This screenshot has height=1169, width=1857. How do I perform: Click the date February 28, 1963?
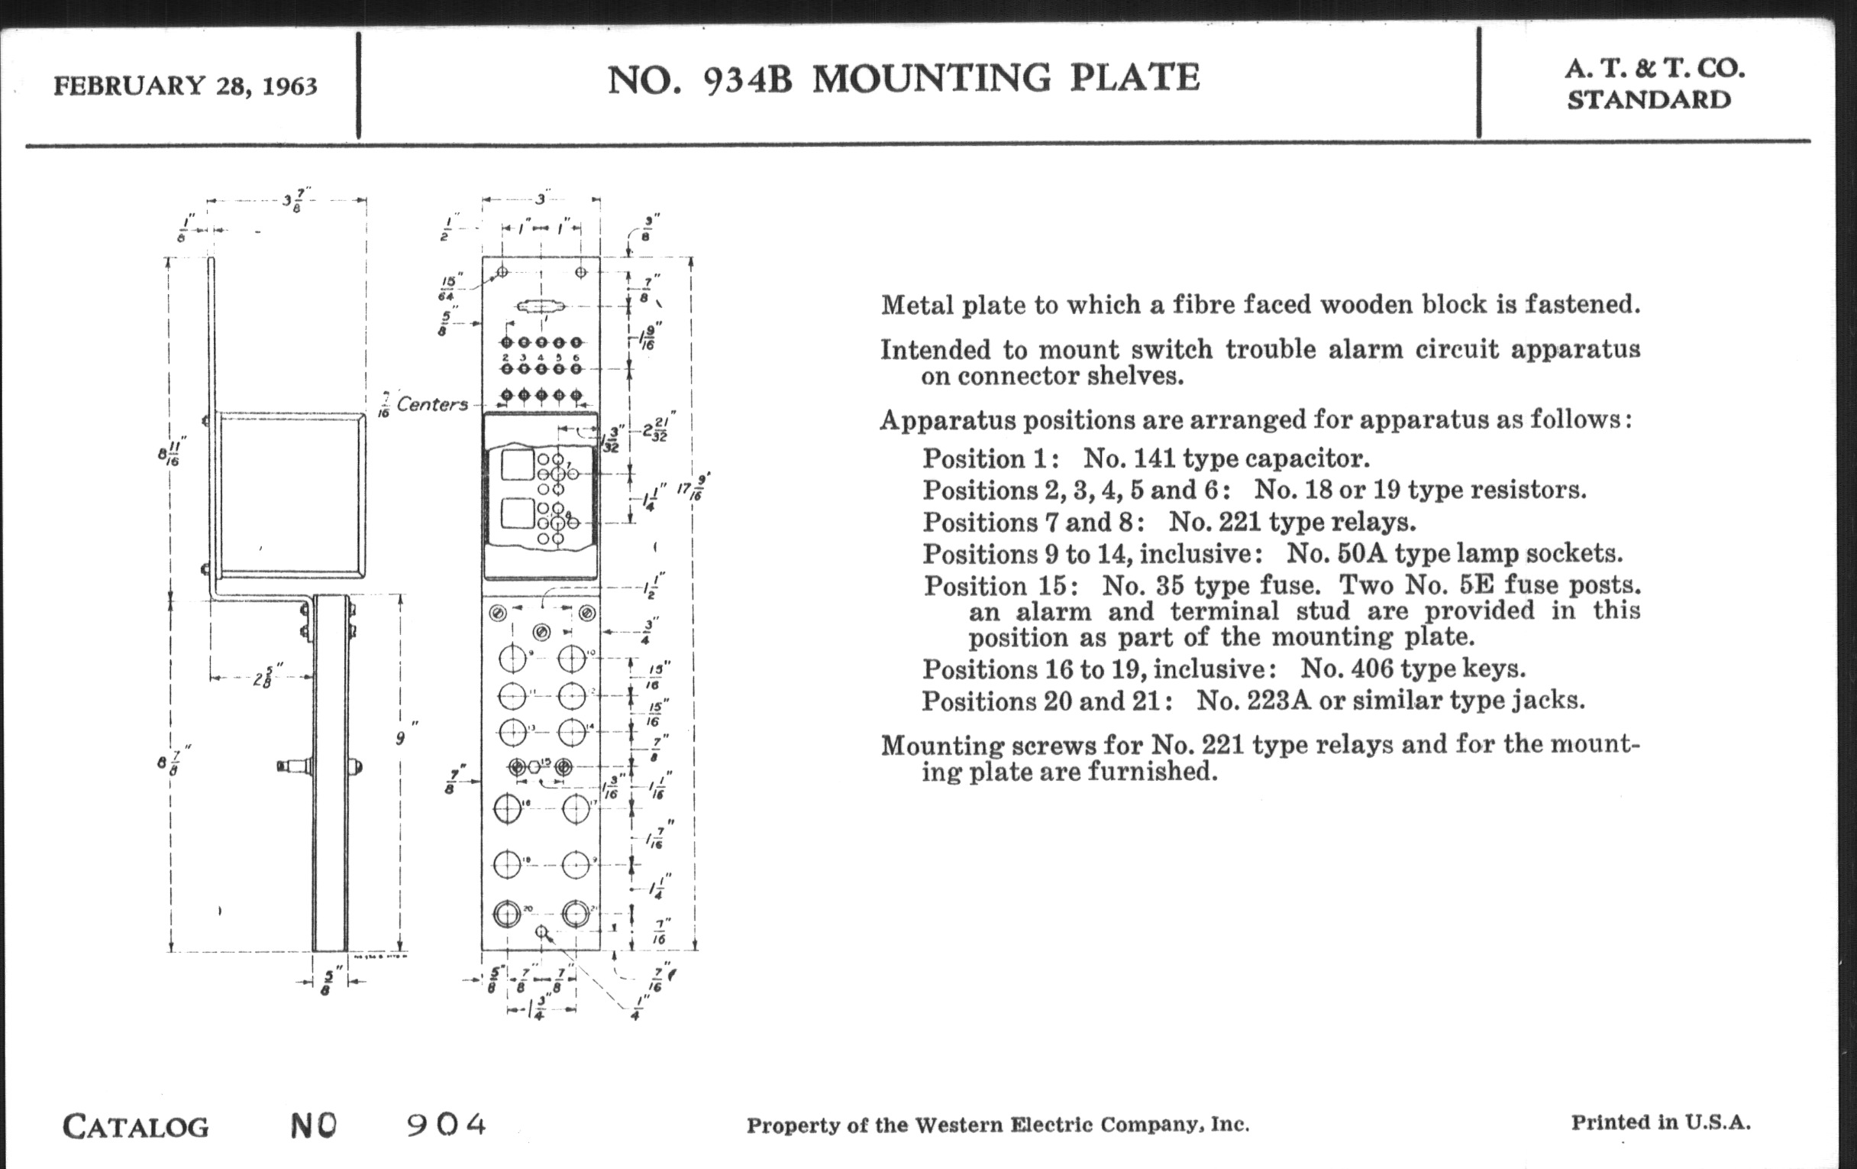point(185,86)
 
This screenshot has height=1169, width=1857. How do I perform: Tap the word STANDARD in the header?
point(1649,100)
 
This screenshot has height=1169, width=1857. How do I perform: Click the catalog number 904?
point(447,1124)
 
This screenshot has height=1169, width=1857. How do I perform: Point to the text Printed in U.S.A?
point(1660,1122)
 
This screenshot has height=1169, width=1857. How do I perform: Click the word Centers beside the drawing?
point(432,404)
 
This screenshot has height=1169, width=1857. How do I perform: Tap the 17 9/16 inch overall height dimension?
point(693,487)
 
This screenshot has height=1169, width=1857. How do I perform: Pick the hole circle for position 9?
point(512,659)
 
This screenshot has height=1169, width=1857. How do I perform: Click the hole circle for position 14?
point(571,731)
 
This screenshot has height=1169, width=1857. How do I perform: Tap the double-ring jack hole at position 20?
point(507,915)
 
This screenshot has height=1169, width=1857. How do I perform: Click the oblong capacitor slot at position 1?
point(541,307)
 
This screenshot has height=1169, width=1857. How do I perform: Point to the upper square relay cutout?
point(517,465)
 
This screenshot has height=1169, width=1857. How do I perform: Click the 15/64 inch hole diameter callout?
point(451,287)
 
